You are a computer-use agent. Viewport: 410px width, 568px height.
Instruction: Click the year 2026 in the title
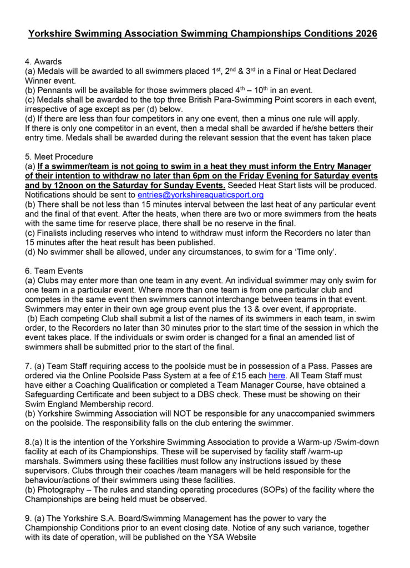(364, 34)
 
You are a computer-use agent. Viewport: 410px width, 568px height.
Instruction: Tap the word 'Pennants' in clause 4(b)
(55, 90)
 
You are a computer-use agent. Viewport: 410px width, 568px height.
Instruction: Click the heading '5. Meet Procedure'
(62, 157)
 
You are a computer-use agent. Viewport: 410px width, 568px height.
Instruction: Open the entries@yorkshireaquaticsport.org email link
(200, 195)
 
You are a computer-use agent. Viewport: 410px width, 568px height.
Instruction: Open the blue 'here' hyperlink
(277, 376)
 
